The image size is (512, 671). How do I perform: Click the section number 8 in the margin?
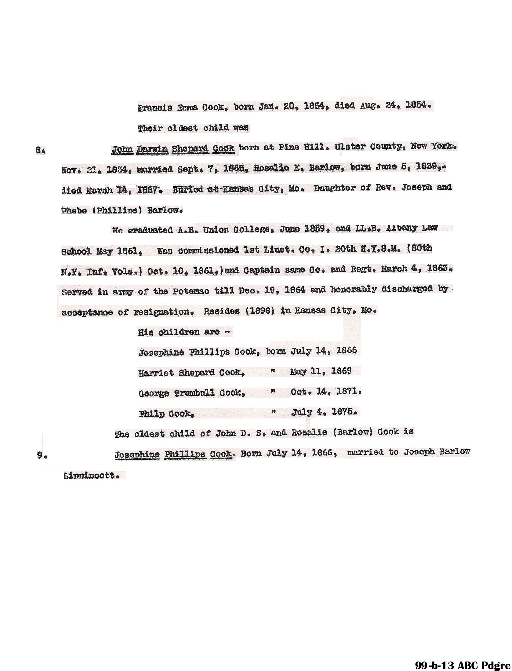pyautogui.click(x=40, y=151)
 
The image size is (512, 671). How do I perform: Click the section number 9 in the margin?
pyautogui.click(x=42, y=455)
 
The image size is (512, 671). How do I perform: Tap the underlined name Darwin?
pyautogui.click(x=152, y=149)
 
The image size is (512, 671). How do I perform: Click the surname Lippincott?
pyautogui.click(x=90, y=476)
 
